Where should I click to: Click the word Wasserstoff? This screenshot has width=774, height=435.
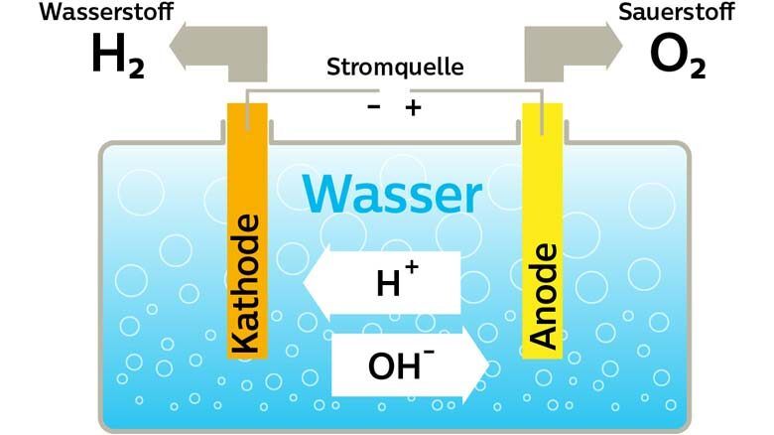[79, 14]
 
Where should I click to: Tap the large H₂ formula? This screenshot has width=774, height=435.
[117, 57]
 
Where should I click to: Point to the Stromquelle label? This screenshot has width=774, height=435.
[395, 70]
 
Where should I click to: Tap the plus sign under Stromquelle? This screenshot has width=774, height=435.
[413, 106]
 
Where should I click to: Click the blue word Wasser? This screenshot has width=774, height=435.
[392, 196]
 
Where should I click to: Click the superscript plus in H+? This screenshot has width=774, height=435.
[411, 268]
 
